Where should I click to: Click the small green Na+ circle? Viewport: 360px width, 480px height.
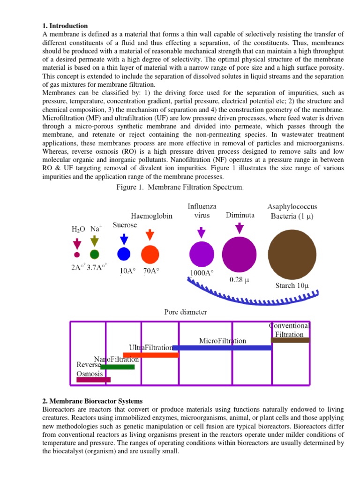point(95,255)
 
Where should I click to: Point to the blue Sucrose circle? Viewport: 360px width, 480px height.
point(123,254)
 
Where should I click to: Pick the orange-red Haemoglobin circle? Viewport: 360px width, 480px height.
point(150,254)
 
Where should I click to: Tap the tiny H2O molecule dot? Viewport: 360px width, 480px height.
point(77,255)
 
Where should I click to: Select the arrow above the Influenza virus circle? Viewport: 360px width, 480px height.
point(202,232)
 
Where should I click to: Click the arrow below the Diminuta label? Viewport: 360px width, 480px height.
point(240,228)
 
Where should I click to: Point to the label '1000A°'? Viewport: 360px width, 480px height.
point(202,273)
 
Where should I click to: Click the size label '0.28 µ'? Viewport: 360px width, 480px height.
point(239,280)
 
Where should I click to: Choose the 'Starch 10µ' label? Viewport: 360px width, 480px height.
point(292,285)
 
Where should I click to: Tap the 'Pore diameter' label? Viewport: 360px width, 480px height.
point(186,312)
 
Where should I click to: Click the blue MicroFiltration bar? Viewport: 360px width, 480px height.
point(222,348)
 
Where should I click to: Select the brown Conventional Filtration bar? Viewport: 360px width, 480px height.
point(290,340)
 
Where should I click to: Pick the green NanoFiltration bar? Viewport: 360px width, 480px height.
point(117,367)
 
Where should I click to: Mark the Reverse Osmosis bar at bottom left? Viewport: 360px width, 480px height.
point(93,380)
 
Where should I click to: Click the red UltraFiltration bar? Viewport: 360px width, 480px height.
point(151,355)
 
